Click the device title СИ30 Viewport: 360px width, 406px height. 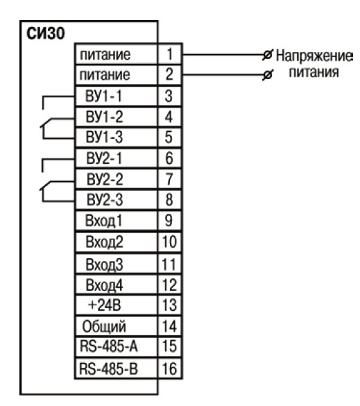(x=46, y=33)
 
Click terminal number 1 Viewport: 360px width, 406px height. (x=169, y=54)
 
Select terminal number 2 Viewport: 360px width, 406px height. (x=169, y=74)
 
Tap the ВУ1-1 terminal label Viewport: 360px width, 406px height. (x=103, y=96)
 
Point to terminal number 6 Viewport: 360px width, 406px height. (x=169, y=158)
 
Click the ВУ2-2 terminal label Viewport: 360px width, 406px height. (x=105, y=179)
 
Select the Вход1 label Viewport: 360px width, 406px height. (x=103, y=221)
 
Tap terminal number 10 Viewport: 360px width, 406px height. (x=169, y=242)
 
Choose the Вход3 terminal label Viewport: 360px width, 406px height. (x=104, y=264)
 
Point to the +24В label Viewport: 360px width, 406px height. (x=104, y=305)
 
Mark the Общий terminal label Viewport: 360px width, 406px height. (x=104, y=327)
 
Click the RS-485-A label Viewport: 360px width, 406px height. (x=109, y=346)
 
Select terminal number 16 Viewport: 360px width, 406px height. (x=169, y=369)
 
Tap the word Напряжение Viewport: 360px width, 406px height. (x=314, y=56)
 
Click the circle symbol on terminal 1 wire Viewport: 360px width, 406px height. (x=268, y=55)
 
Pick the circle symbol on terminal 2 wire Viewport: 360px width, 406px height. (x=268, y=75)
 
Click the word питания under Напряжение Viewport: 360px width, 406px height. (x=314, y=72)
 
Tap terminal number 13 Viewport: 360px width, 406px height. (x=169, y=305)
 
